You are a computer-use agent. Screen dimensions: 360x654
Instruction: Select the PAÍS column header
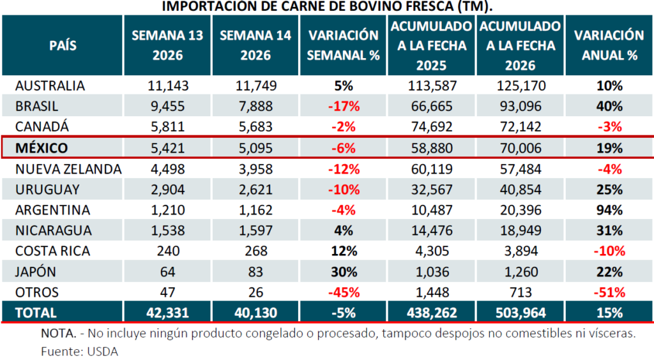[63, 45]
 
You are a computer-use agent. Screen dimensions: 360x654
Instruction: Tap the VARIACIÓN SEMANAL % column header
[344, 45]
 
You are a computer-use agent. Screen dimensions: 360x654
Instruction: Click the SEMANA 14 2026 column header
[255, 45]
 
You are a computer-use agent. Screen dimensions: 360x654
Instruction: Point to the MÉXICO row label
[42, 148]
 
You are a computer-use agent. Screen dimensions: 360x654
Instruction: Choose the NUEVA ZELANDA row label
[68, 169]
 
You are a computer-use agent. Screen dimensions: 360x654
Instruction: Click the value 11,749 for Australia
[255, 86]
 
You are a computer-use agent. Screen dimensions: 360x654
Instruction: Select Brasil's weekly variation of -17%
[344, 107]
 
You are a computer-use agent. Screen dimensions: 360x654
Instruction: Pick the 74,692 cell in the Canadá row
[431, 127]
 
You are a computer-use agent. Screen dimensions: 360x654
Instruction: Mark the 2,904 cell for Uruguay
[167, 190]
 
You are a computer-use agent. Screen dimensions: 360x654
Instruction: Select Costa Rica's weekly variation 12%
[344, 251]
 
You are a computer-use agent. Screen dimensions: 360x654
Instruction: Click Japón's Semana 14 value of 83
[255, 272]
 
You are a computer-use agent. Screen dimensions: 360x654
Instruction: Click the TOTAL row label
[36, 313]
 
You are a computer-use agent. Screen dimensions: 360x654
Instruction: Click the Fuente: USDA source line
[80, 351]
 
